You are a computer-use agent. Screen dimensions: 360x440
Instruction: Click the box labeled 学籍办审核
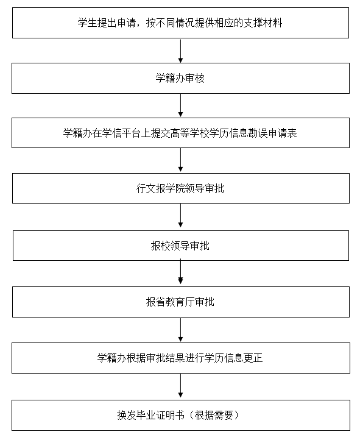tap(180, 78)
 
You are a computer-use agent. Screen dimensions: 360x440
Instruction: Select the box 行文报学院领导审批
tap(181, 188)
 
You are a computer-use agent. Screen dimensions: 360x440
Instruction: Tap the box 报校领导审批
tap(181, 246)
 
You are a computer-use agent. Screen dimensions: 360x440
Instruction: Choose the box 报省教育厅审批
tap(181, 302)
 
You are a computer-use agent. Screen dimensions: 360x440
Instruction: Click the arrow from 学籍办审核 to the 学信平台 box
tap(180, 105)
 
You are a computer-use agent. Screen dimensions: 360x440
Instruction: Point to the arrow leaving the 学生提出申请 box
tap(180, 51)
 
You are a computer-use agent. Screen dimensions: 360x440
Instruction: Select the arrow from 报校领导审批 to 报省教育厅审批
tap(180, 272)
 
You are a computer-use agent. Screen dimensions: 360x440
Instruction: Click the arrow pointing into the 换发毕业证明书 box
tap(180, 386)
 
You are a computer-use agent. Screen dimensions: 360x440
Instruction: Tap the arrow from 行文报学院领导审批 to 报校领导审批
tap(180, 216)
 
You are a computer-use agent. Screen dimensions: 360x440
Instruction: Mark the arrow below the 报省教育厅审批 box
tap(180, 330)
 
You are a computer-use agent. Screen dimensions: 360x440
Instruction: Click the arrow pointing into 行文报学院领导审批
tap(180, 160)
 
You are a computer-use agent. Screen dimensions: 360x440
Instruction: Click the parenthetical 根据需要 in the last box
tap(214, 415)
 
